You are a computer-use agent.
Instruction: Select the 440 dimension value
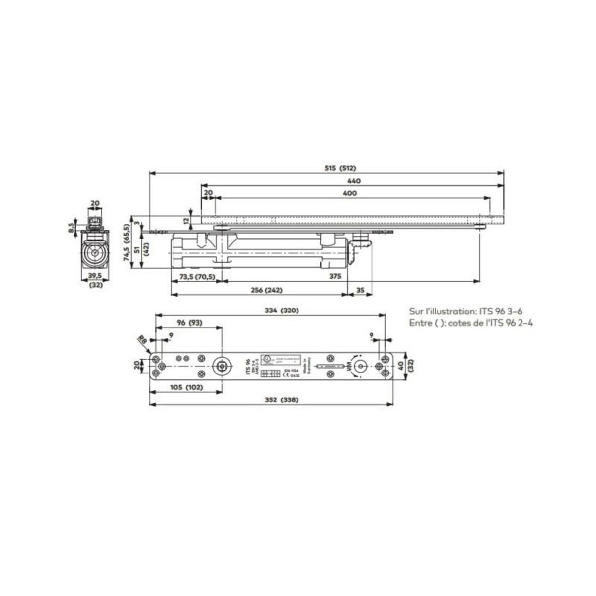click(354, 181)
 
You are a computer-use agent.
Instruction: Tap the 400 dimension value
click(350, 193)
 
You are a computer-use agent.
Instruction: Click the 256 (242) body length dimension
click(261, 290)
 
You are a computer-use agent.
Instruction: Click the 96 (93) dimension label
click(189, 323)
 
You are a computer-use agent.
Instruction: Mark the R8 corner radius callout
click(142, 340)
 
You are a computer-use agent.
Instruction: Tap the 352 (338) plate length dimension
click(271, 400)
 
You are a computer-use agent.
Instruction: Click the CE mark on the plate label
click(286, 376)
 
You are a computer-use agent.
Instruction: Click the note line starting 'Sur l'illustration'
click(464, 312)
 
